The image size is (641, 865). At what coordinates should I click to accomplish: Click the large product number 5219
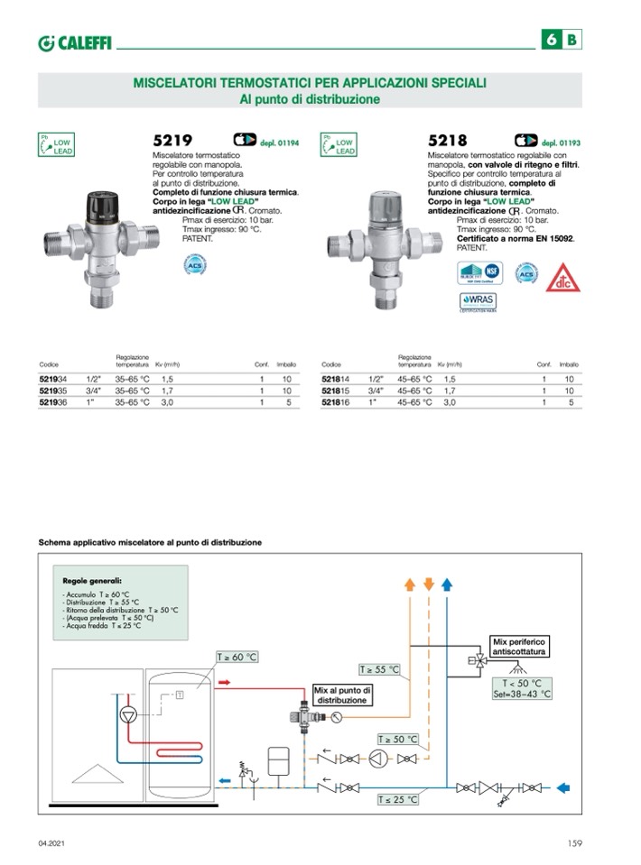point(172,141)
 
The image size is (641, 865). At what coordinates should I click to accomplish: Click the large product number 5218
point(449,141)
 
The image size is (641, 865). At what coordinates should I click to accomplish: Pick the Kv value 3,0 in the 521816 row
point(450,403)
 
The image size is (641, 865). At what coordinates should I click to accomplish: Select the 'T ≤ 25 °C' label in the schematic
point(398,799)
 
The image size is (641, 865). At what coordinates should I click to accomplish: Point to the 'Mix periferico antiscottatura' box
point(520,645)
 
